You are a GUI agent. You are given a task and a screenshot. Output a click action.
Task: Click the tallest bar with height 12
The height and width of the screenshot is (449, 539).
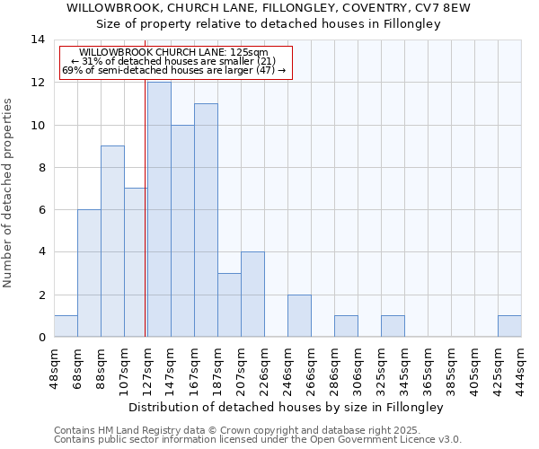(x=159, y=209)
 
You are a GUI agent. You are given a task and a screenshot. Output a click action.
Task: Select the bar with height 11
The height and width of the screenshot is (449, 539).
(x=206, y=220)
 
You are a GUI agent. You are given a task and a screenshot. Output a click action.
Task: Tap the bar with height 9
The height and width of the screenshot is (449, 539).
(x=112, y=241)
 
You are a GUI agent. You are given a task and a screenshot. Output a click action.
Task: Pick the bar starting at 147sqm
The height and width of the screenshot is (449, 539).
(x=182, y=231)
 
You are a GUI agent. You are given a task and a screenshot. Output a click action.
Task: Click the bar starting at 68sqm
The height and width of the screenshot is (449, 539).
(x=89, y=273)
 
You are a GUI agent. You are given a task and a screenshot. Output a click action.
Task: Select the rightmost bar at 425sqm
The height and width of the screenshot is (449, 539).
(x=509, y=326)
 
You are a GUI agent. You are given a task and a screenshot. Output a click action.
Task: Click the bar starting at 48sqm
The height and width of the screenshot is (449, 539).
(x=66, y=326)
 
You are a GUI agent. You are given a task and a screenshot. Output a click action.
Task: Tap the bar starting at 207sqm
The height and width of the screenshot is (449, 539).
(x=252, y=295)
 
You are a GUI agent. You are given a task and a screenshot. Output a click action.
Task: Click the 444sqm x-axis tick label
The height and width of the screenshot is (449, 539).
(x=522, y=368)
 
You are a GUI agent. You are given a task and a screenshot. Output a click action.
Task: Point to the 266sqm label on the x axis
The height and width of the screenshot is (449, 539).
(x=312, y=368)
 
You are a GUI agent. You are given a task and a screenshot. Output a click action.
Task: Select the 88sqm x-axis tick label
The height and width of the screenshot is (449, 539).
(x=102, y=368)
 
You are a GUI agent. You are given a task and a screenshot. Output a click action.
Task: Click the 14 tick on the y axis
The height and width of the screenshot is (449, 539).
(x=39, y=40)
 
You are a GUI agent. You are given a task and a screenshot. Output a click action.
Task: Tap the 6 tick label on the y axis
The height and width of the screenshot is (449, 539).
(x=41, y=209)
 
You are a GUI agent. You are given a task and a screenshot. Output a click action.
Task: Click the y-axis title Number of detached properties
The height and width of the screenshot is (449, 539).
(x=9, y=193)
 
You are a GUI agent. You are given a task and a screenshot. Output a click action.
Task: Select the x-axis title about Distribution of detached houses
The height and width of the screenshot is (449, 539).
(x=286, y=407)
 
